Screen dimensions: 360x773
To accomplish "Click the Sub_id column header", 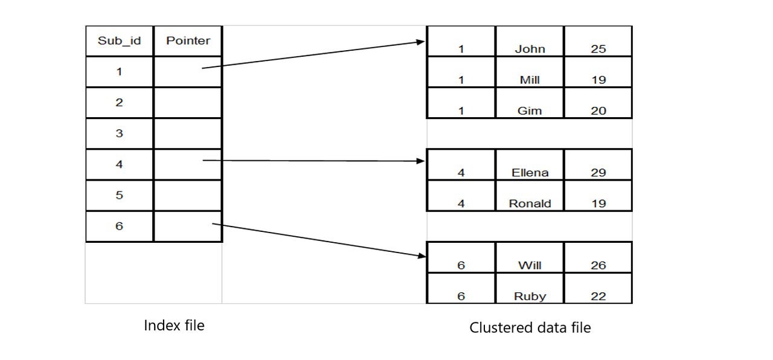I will click(120, 41).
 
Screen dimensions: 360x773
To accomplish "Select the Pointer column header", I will click(188, 41).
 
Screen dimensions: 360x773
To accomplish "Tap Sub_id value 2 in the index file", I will click(120, 103).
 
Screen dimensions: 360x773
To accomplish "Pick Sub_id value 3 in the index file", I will click(120, 133).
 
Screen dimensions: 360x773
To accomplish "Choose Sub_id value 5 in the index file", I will click(120, 195).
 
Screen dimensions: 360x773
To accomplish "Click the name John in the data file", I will click(530, 50).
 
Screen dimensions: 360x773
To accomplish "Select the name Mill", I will click(530, 80).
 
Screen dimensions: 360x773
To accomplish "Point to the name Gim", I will click(530, 111).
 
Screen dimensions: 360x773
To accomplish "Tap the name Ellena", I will click(530, 173).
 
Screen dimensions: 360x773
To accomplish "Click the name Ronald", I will click(530, 204).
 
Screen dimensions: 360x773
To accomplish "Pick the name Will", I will click(530, 265).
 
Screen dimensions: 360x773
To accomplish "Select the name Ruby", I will click(530, 297).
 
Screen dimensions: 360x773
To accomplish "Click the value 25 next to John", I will click(598, 50).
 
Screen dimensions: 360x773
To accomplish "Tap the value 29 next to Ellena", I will click(598, 173).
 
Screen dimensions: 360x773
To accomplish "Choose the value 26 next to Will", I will click(598, 265).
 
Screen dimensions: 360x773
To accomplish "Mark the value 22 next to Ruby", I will click(598, 297).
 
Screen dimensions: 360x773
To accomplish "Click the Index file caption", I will click(174, 326).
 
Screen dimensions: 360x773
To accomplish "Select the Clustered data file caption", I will click(530, 328).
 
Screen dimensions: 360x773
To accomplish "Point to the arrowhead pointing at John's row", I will click(422, 42).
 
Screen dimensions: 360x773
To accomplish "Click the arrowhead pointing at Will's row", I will click(422, 256).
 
